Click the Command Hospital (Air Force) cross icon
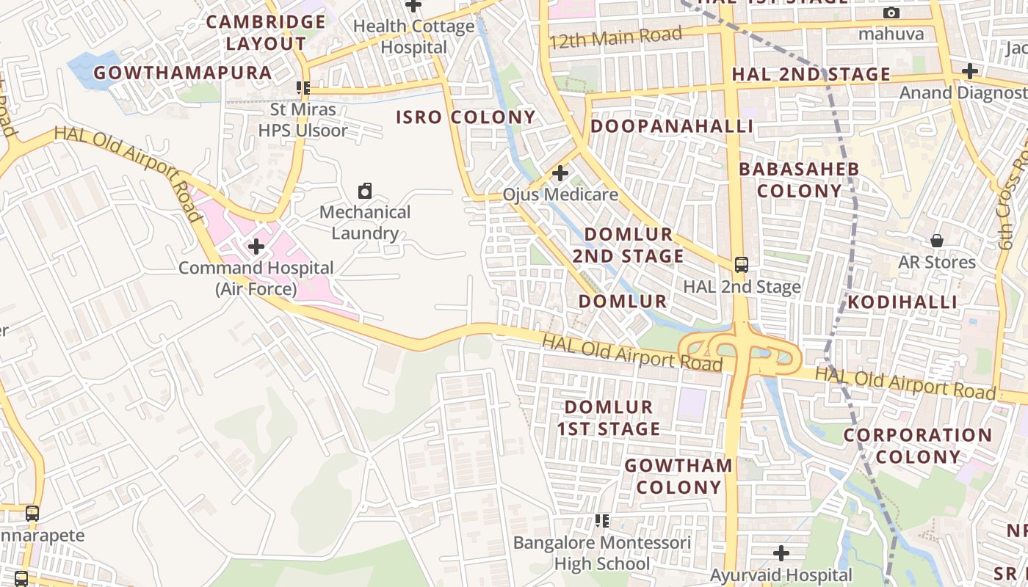256,246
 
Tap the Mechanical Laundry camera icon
365,192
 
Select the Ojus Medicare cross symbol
560,173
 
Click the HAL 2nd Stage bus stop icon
742,265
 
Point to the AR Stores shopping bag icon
937,241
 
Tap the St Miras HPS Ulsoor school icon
303,88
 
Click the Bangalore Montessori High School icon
602,521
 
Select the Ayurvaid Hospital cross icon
781,553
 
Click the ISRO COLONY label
466,117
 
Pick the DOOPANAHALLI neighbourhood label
672,126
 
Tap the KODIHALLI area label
902,302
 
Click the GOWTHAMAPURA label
183,73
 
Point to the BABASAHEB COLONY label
799,180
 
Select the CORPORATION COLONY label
918,445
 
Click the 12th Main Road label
615,37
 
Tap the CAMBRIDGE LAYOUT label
266,32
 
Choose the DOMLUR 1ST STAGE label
609,418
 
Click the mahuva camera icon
891,13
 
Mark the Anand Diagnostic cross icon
970,71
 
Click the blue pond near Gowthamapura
94,69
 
